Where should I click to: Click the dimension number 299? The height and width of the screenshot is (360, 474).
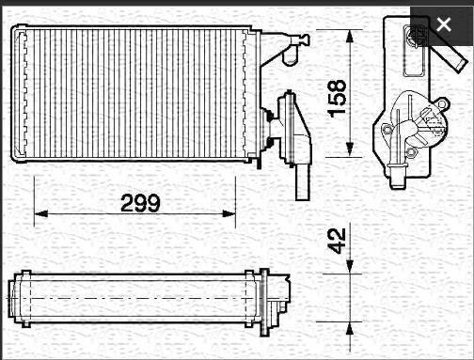point(140,202)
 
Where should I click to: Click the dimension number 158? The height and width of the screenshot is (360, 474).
point(337,99)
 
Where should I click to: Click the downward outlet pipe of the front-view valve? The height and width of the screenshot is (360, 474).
point(301,184)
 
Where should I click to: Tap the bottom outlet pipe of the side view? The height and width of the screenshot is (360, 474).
point(400,172)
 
